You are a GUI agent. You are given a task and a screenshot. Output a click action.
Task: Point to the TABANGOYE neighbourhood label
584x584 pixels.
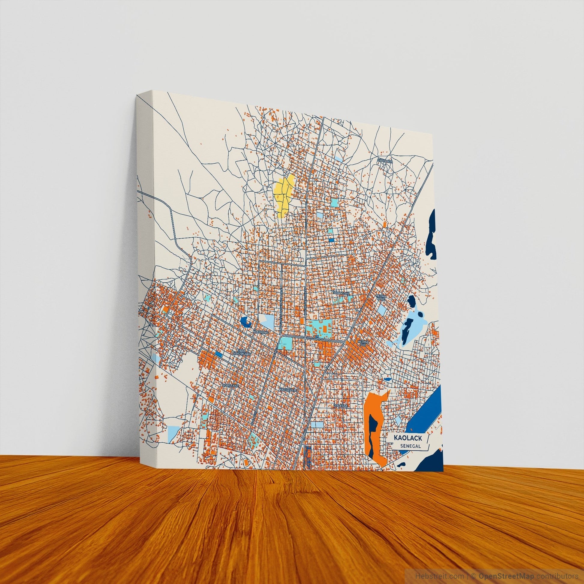pyautogui.click(x=341, y=293)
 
